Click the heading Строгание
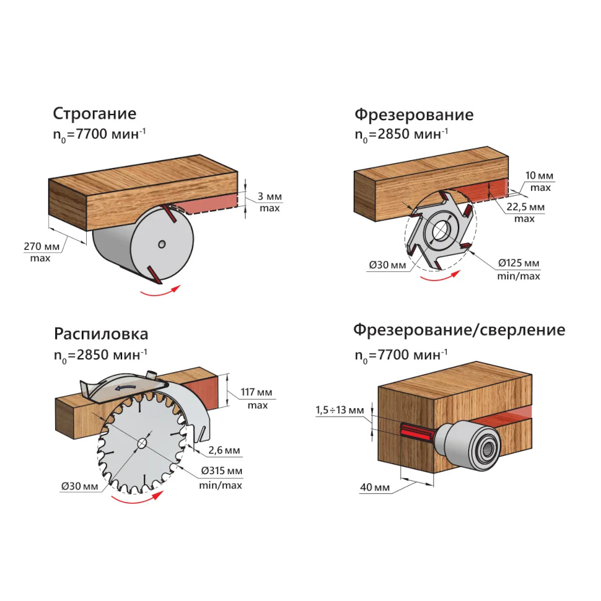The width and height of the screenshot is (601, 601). (95, 115)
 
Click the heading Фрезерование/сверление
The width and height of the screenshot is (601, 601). (459, 330)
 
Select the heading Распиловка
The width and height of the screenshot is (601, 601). (101, 335)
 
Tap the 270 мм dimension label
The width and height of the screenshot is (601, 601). (42, 247)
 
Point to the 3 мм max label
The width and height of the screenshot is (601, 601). (270, 197)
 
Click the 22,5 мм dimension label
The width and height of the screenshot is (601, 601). (525, 207)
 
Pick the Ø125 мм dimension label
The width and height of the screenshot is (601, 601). (519, 263)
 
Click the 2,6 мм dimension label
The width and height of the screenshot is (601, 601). (224, 449)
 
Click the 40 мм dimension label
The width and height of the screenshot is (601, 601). (375, 488)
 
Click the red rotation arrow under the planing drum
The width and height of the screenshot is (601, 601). (160, 292)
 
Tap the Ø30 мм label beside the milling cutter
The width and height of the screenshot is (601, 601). (387, 265)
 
